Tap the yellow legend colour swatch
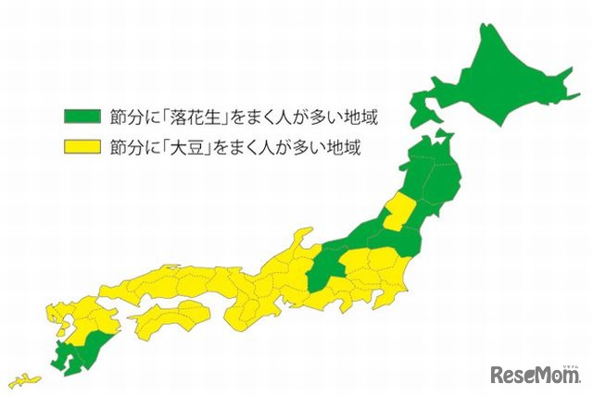[x=82, y=146]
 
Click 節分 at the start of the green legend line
[x=124, y=118]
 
